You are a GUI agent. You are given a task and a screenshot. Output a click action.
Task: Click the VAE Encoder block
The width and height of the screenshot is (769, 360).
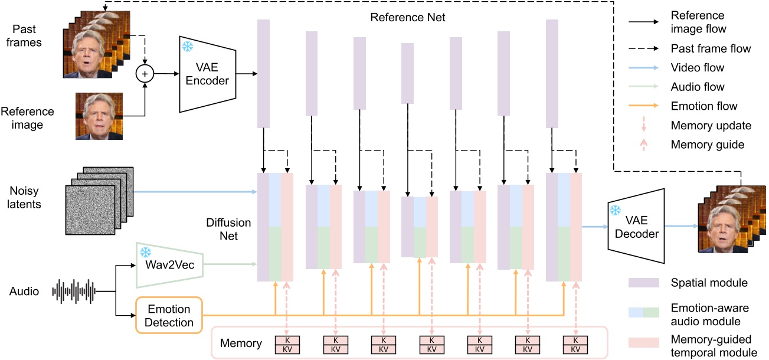click(207, 74)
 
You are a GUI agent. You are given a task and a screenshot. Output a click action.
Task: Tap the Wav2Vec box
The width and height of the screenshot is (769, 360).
click(169, 263)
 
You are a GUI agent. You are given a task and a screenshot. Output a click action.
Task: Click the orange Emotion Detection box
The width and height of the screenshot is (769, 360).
click(169, 316)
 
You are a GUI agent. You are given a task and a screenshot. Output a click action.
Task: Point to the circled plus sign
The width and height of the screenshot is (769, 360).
click(145, 74)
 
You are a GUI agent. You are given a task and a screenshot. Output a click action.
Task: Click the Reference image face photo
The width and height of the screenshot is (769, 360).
click(99, 116)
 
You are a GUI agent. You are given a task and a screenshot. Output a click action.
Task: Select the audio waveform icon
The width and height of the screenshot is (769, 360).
click(74, 291)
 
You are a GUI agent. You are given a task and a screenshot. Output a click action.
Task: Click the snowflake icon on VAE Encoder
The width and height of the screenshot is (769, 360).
click(188, 47)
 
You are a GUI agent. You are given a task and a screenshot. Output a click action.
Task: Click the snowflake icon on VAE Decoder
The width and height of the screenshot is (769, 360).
click(616, 210)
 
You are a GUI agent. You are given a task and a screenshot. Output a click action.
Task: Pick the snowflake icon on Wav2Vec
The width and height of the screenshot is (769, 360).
click(145, 252)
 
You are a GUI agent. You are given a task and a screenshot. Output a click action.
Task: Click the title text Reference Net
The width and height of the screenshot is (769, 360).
click(407, 17)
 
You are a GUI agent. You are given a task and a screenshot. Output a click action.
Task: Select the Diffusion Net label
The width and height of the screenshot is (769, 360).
click(228, 230)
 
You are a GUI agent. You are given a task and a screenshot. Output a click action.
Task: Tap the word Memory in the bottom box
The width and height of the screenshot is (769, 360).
click(241, 343)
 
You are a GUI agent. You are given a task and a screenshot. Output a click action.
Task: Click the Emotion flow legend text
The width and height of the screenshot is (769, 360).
click(704, 106)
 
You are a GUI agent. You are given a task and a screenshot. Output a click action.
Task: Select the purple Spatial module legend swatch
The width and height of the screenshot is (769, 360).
click(643, 283)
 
